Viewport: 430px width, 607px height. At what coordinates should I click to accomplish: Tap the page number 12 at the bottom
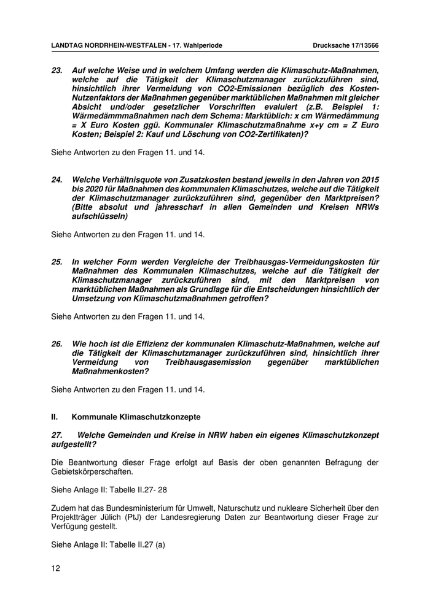(55, 568)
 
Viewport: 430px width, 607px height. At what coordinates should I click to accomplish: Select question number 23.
(57, 71)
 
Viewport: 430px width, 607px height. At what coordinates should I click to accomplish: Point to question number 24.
(57, 181)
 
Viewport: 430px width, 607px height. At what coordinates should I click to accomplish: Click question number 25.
(57, 262)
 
